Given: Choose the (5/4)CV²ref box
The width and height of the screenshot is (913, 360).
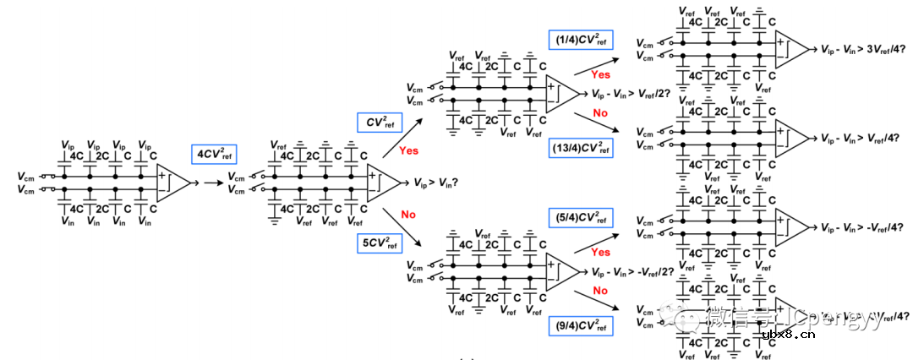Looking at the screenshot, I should click(582, 217).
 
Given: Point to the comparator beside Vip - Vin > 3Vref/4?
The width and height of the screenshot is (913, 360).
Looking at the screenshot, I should click(793, 49).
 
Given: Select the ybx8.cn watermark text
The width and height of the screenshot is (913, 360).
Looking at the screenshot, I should click(789, 335).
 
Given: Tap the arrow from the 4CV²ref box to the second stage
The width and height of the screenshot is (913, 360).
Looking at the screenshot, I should click(210, 182).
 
